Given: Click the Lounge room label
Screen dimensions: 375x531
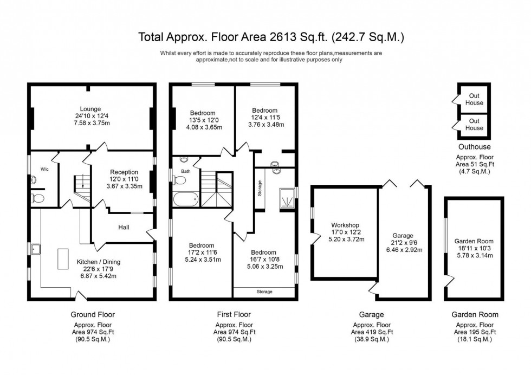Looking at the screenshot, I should [x=91, y=109].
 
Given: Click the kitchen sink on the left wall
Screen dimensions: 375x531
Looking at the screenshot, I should [x=37, y=249].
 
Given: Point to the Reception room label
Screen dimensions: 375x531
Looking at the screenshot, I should [x=124, y=172].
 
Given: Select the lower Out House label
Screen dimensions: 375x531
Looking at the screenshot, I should [x=474, y=125].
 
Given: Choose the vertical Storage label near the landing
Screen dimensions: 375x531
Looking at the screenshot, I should [x=260, y=188].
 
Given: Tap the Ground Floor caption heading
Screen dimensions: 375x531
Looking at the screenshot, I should [x=93, y=315].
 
